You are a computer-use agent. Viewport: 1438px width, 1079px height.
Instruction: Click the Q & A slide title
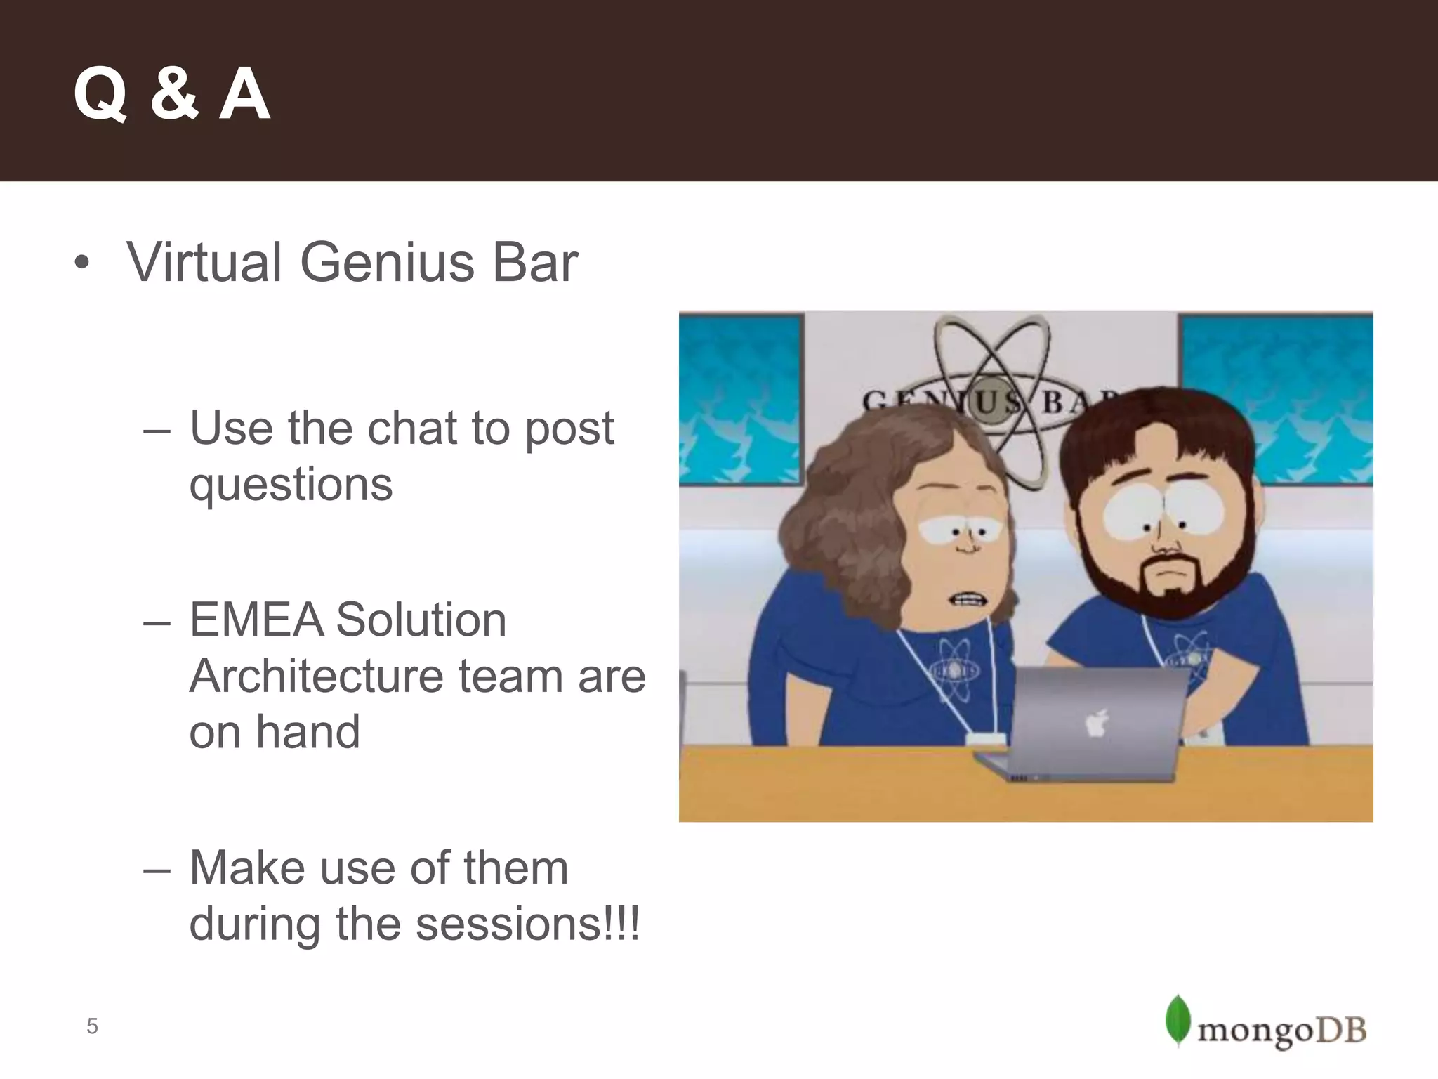click(171, 94)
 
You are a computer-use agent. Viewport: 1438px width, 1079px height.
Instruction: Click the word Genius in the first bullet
click(387, 263)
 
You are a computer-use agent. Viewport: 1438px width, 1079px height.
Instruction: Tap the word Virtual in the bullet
click(204, 263)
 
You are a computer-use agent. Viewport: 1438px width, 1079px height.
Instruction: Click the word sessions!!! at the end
click(527, 924)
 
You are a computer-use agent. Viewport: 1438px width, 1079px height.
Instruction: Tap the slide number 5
click(92, 1026)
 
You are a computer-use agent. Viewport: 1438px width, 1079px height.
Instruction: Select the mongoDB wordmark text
click(1281, 1031)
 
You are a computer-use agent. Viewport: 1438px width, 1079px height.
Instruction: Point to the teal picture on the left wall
click(741, 399)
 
